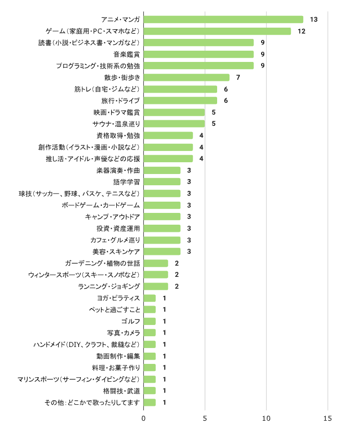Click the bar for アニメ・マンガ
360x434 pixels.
(x=223, y=19)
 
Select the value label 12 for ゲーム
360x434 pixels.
(x=302, y=31)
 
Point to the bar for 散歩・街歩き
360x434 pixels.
(x=186, y=77)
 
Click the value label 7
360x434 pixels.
(x=238, y=77)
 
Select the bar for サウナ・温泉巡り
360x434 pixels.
(x=174, y=123)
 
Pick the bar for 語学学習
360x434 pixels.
(x=162, y=182)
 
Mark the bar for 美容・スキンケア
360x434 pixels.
(x=162, y=251)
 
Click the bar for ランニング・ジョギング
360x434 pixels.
(x=156, y=286)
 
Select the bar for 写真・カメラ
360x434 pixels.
(x=150, y=333)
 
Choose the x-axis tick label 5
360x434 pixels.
(x=205, y=419)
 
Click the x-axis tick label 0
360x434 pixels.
(x=143, y=419)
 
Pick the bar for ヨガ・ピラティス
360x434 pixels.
(x=150, y=298)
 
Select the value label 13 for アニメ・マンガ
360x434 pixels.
(x=314, y=19)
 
